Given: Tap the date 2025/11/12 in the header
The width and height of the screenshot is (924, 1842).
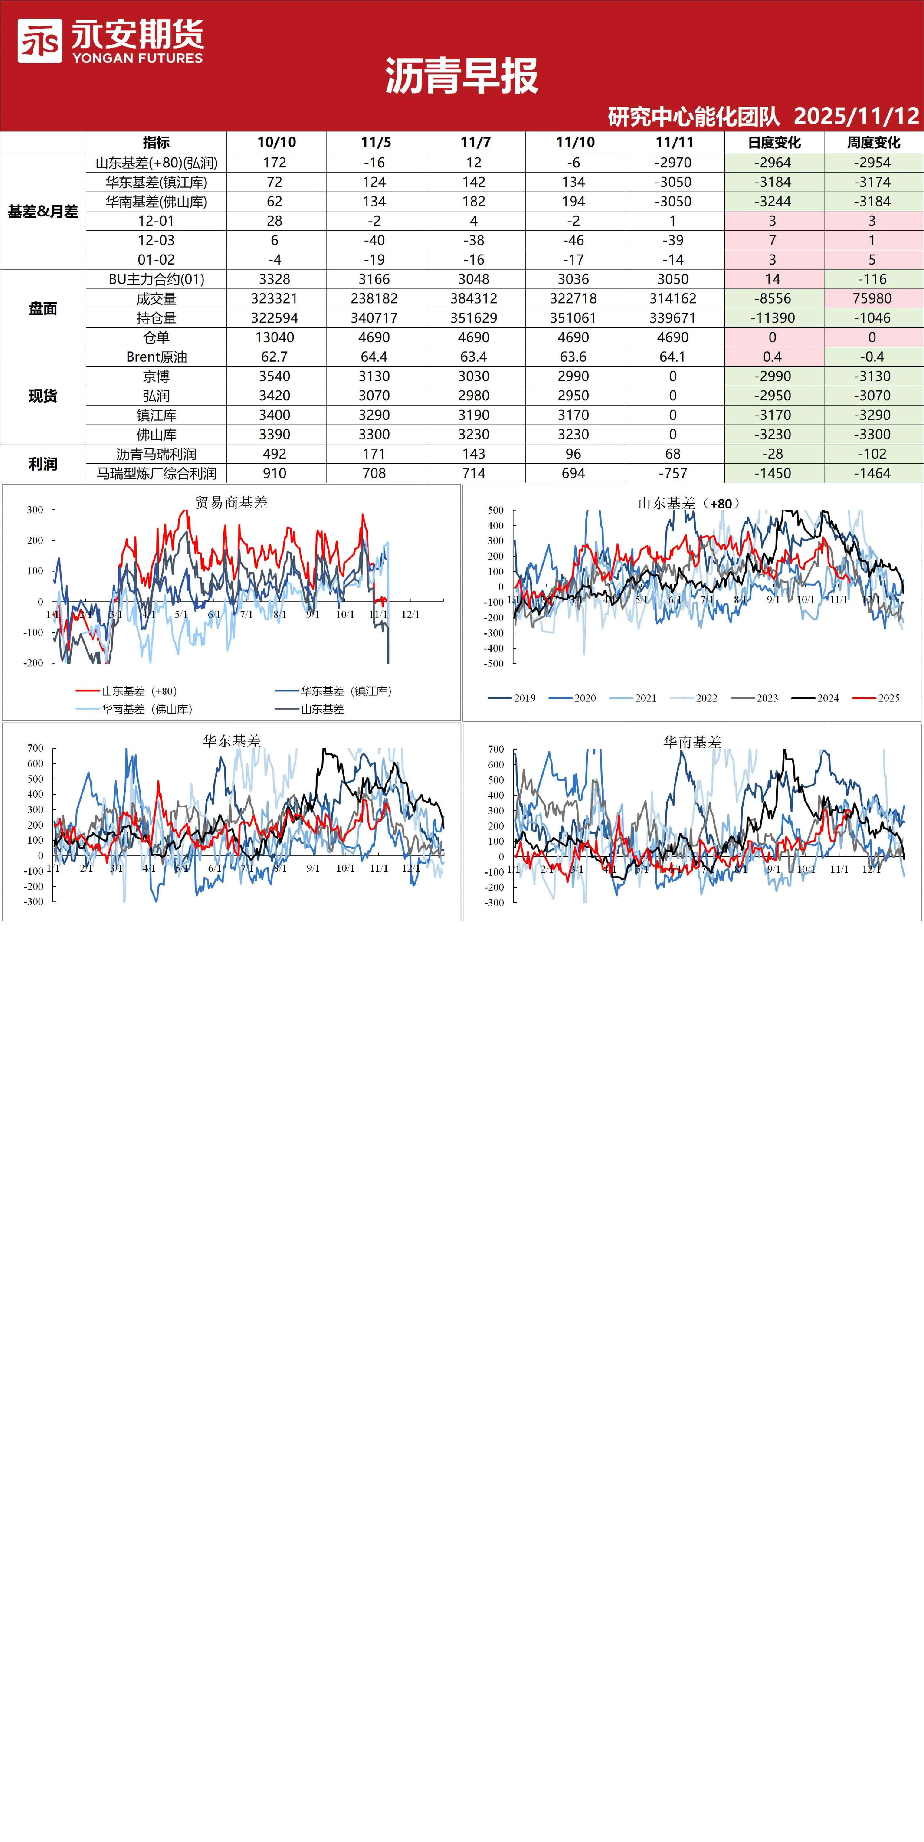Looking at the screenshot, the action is [x=856, y=116].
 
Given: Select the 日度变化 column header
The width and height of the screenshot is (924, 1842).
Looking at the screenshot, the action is [x=774, y=142].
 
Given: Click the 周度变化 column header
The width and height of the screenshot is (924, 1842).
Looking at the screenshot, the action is [x=873, y=142].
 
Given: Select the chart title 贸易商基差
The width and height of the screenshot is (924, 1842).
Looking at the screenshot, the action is [x=231, y=503].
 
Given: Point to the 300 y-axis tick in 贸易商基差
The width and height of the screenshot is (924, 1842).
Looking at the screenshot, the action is [x=35, y=510].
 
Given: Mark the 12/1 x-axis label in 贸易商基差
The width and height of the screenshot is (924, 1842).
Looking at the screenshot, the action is [x=411, y=614].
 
